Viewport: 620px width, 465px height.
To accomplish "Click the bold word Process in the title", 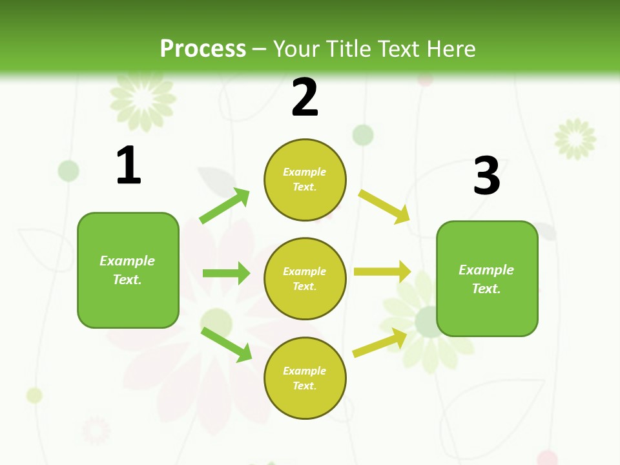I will click(x=203, y=49).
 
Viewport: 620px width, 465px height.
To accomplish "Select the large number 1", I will click(x=128, y=165).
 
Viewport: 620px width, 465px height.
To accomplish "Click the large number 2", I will click(x=305, y=98).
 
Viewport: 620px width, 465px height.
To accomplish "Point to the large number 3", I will click(x=486, y=176).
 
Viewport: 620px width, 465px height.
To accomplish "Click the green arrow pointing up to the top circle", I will click(x=225, y=207).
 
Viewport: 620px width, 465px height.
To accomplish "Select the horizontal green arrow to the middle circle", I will click(x=226, y=273).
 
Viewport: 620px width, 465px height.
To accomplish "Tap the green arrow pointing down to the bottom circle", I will click(x=226, y=344).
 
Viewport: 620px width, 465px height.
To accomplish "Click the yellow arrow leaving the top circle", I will click(x=384, y=207).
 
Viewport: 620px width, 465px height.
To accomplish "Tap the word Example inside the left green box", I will click(x=127, y=261).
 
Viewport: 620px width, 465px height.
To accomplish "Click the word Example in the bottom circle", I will click(x=305, y=371).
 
